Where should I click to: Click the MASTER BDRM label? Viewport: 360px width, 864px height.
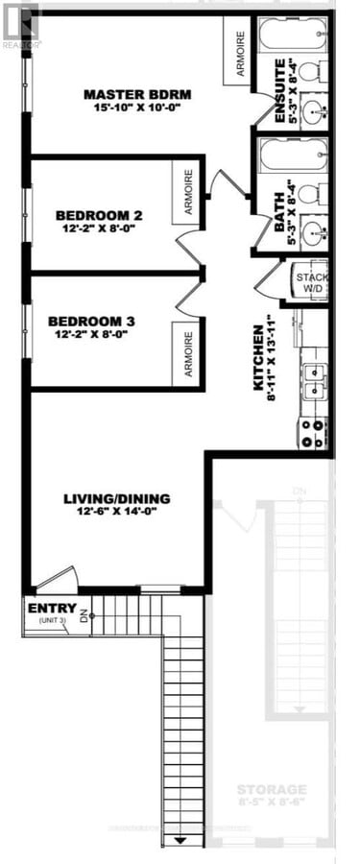138,94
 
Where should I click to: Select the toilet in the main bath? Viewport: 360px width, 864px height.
310,194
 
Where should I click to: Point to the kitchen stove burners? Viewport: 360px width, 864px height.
314,433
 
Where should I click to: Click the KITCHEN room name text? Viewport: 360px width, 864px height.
259,357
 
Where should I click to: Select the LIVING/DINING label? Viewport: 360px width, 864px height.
117,498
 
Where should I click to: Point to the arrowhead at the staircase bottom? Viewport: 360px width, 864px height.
180,842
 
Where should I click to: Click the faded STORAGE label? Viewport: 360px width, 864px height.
274,788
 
